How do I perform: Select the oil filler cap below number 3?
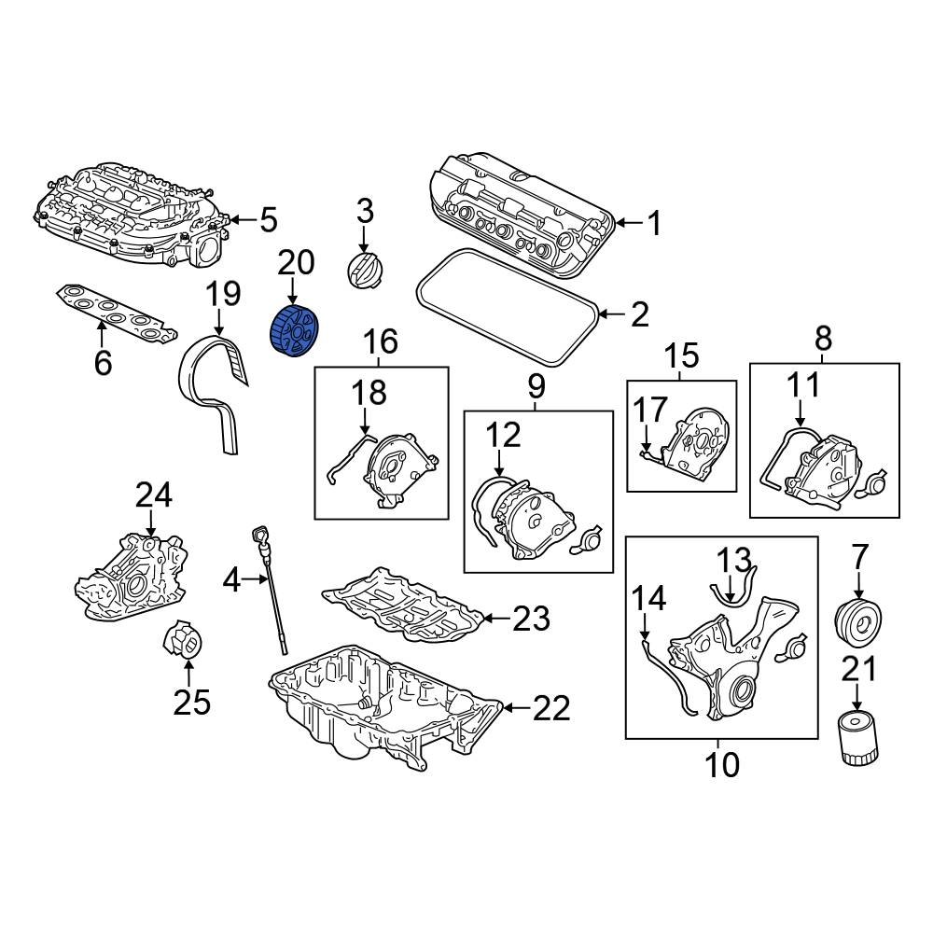362,269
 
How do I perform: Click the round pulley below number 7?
857,620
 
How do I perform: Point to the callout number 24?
154,495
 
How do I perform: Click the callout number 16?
381,342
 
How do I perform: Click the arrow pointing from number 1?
627,223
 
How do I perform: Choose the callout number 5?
268,221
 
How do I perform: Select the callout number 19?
223,294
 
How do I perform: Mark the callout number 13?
734,560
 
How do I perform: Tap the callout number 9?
536,384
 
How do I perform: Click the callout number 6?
103,362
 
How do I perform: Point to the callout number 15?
681,355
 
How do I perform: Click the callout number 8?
824,338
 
